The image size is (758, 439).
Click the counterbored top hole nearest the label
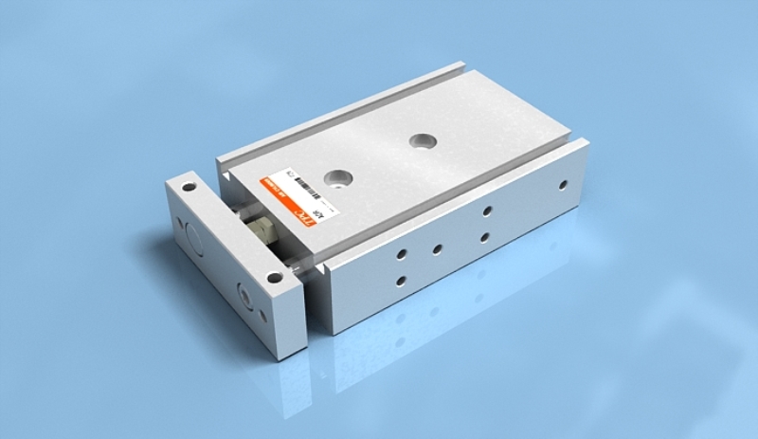334,175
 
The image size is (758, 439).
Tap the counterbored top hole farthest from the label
419,141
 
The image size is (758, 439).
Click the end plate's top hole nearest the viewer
274,278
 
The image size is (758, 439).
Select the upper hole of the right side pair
485,210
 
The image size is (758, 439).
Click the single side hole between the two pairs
438,249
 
